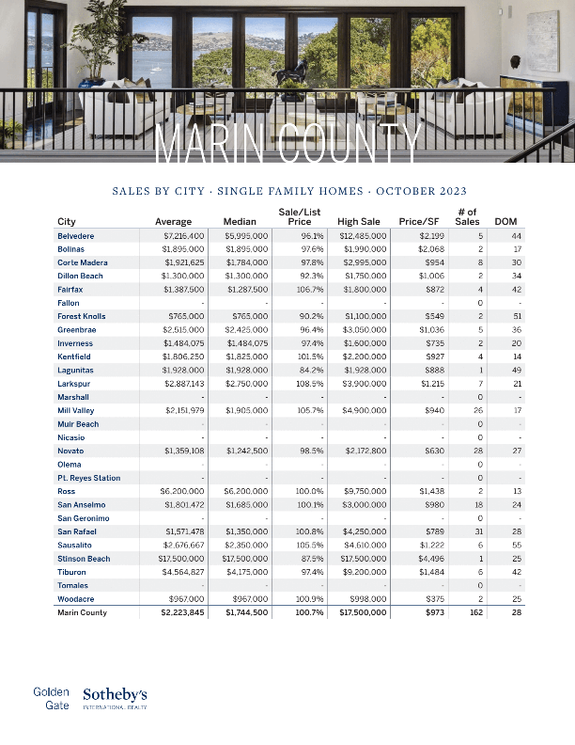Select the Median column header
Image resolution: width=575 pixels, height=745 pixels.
241,222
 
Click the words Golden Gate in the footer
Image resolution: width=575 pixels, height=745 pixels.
52,698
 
